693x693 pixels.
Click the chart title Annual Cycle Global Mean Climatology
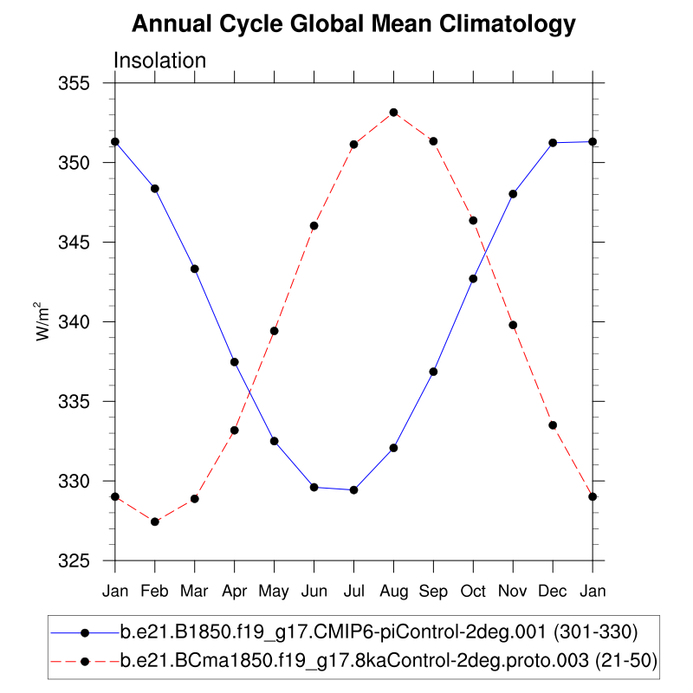(353, 25)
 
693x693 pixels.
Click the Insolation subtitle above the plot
(160, 61)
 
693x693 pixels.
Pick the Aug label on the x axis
(393, 591)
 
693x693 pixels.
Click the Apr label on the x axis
(234, 591)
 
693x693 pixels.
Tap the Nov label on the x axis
(513, 591)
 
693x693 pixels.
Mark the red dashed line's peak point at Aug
(393, 113)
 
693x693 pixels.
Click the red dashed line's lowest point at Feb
(155, 521)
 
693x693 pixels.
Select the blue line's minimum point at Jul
(353, 490)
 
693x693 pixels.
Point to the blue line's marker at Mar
(195, 269)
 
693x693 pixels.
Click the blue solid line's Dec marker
(553, 143)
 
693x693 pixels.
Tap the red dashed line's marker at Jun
(314, 226)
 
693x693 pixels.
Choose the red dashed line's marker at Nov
(513, 325)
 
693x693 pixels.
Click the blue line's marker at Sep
(433, 372)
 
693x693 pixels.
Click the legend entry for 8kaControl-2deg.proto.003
(389, 661)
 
